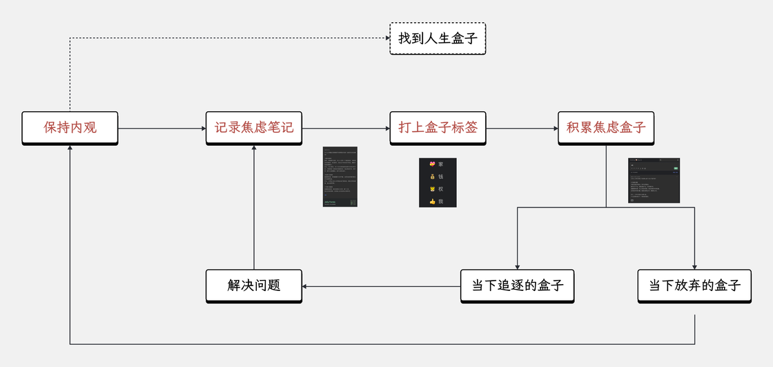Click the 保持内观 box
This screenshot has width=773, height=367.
coord(70,128)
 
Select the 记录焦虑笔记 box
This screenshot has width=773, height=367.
coord(254,128)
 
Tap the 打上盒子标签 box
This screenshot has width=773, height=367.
coord(438,128)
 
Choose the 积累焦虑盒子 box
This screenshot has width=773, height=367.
coord(606,128)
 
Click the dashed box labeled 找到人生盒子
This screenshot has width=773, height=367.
coord(438,39)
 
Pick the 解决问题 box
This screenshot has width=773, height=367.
coord(254,285)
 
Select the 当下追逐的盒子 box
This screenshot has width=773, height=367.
coord(517,285)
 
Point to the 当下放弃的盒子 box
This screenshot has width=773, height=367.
coord(694,285)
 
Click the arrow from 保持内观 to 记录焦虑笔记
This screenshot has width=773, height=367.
coord(162,128)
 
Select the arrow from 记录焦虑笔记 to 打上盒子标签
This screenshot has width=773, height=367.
coord(346,128)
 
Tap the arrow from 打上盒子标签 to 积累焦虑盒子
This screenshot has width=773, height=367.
coord(521,128)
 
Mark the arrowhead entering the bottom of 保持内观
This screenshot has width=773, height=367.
coord(70,149)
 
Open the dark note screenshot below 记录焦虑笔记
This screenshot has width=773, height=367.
coord(340,176)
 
